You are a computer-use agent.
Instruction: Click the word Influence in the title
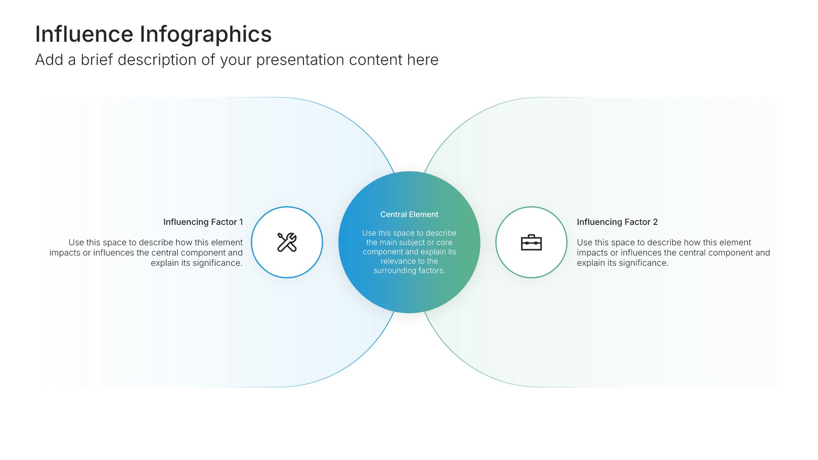tap(84, 34)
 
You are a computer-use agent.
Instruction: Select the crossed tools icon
tap(287, 242)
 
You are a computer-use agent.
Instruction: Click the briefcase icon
tap(531, 242)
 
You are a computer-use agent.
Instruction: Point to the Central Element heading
tap(409, 215)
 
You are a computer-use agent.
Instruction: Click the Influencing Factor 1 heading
tap(203, 222)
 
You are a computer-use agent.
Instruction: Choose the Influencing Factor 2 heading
tap(617, 222)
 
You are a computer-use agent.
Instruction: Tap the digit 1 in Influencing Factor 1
tap(241, 222)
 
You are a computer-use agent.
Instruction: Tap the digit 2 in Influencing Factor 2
tap(655, 222)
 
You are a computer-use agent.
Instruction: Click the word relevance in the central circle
tap(397, 261)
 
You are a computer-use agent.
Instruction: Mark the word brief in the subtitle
tap(97, 60)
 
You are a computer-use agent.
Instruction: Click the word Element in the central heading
tap(423, 215)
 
